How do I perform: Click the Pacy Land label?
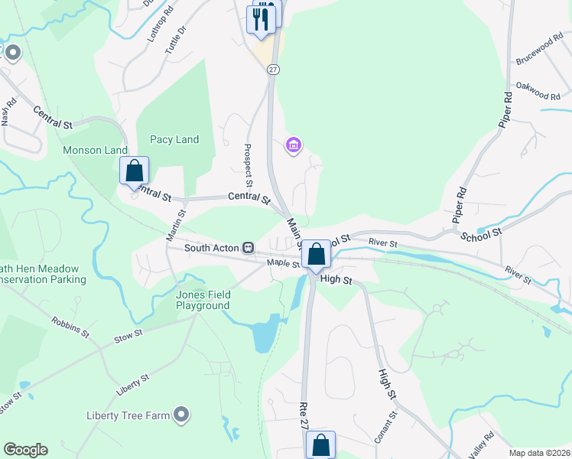point(174,139)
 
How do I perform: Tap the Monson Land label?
point(95,150)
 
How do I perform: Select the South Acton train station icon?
point(248,247)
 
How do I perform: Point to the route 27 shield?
point(273,69)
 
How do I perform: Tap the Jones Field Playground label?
point(203,300)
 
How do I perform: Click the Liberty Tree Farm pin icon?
point(181,415)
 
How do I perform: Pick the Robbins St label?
point(70,328)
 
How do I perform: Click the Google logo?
point(25,450)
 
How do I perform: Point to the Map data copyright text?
point(540,453)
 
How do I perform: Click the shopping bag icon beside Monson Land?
point(135,171)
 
